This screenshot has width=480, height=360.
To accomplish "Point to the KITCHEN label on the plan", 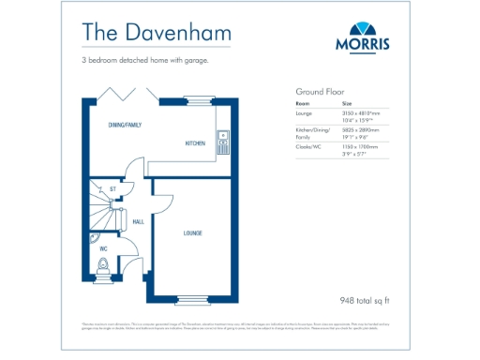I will point(195,143).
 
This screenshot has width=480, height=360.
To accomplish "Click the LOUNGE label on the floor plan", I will point(193,232).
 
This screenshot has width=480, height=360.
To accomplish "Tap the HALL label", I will point(138,222).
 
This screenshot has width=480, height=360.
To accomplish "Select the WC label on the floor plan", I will point(103,248).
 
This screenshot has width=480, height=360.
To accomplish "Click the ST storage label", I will point(112,189).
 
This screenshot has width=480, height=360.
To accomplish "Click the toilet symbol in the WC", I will point(104,266).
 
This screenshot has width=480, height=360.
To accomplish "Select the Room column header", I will point(303,103).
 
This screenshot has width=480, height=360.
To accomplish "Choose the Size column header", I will point(347,103).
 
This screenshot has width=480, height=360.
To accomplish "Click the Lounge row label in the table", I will point(305,112).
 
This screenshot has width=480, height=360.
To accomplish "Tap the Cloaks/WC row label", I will point(307,146).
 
